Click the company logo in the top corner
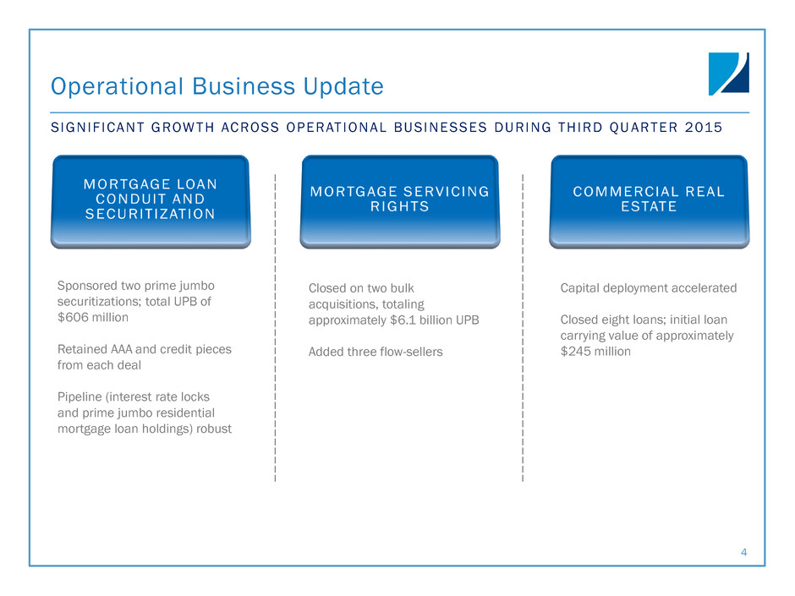[728, 74]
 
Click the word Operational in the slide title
[117, 86]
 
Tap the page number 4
[743, 552]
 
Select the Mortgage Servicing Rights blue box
[400, 201]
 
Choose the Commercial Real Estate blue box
[649, 201]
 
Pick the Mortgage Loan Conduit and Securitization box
[151, 201]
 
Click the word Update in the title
[343, 86]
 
